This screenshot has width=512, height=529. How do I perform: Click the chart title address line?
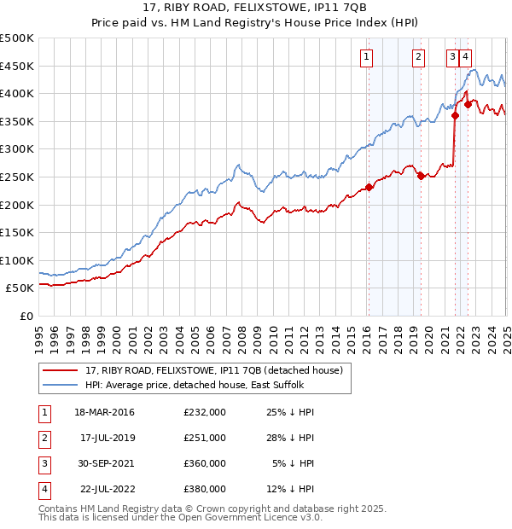coord(256,8)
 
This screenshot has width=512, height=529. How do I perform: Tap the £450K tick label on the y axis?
coord(17,66)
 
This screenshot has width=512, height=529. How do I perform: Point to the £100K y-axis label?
coord(17,260)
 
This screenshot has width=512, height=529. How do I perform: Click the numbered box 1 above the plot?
coord(366,57)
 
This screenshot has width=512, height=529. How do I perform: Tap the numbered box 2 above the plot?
coord(419,57)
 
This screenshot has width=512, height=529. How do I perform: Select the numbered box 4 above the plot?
coord(466,57)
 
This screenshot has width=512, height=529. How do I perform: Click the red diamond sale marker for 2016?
coord(369,187)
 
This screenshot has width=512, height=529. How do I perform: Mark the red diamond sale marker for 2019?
coord(421,177)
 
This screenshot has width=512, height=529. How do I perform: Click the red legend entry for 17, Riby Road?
coord(213,370)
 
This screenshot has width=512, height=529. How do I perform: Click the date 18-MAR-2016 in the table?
coord(104,412)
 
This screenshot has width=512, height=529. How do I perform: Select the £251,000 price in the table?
coord(205,438)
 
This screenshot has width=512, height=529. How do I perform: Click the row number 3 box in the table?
coord(43,463)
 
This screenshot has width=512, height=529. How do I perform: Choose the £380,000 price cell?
coord(205,489)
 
